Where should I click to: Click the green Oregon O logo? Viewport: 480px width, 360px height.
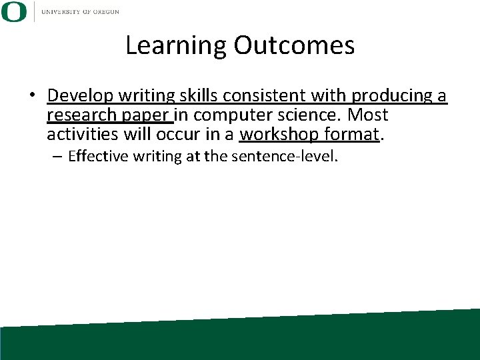click(x=14, y=11)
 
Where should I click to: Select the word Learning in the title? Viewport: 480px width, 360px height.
click(x=177, y=45)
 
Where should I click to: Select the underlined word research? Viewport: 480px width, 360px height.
click(x=85, y=116)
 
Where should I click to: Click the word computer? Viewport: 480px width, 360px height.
click(x=233, y=116)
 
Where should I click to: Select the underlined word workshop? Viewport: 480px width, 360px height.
click(x=280, y=135)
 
